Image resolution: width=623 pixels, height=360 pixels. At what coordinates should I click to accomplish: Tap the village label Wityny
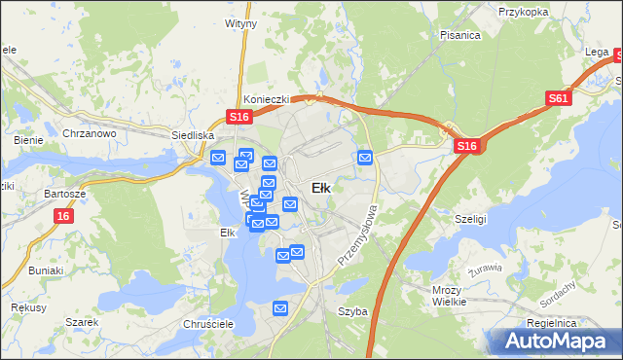coord(240,21)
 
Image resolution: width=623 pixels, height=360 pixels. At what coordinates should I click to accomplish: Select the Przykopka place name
coord(522,13)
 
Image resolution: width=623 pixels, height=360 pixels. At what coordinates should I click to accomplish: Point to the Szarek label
coord(83,322)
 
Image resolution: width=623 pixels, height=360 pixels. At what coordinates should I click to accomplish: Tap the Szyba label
coord(352,311)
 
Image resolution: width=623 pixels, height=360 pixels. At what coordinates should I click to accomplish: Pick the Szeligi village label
coord(471,220)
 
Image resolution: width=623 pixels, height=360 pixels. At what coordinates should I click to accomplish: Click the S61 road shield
coord(558,98)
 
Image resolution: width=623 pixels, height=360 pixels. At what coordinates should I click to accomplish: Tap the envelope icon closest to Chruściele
coord(280,308)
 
